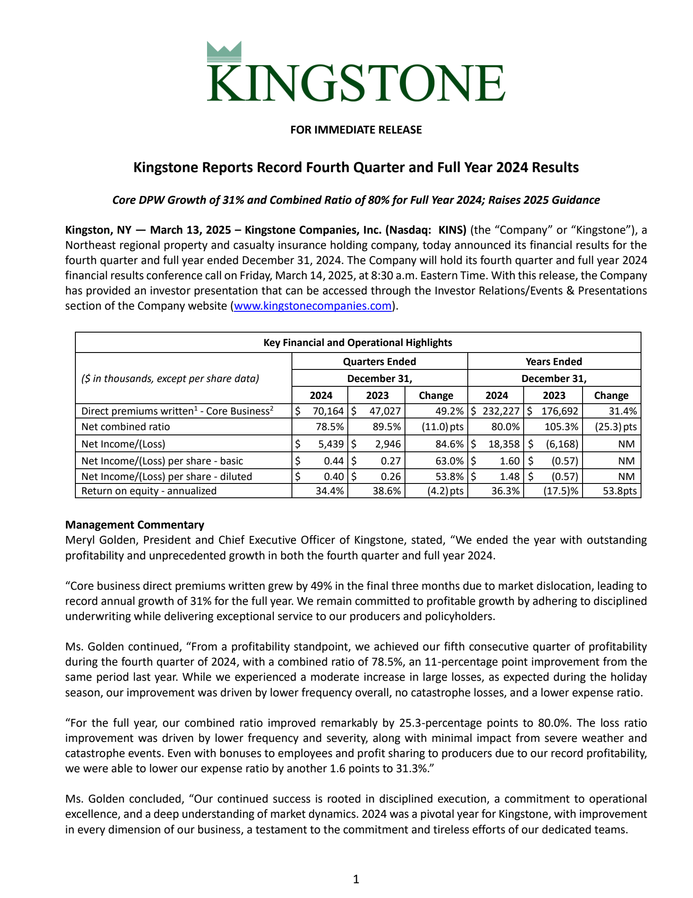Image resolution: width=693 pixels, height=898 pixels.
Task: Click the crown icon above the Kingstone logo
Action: click(224, 52)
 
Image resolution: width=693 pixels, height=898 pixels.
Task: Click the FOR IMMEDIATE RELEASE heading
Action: click(356, 130)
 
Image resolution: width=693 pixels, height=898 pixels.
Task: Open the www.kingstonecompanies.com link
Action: click(313, 306)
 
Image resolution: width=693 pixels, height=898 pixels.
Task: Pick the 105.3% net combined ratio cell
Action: click(561, 427)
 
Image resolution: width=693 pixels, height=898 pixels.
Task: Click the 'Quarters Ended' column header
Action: click(379, 362)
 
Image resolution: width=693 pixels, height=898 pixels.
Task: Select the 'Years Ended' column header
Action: click(554, 362)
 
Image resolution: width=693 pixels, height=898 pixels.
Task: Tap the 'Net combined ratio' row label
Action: click(126, 427)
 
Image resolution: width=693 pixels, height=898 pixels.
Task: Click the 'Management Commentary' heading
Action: click(135, 525)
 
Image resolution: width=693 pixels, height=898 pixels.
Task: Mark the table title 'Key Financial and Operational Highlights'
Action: click(358, 343)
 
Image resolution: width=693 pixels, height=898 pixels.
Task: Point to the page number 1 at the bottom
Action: click(356, 879)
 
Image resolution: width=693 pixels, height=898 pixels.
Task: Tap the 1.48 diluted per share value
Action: click(509, 477)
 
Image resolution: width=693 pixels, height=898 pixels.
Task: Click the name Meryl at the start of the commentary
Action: click(80, 540)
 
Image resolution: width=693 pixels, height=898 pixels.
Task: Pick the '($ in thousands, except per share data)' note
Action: click(170, 379)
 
